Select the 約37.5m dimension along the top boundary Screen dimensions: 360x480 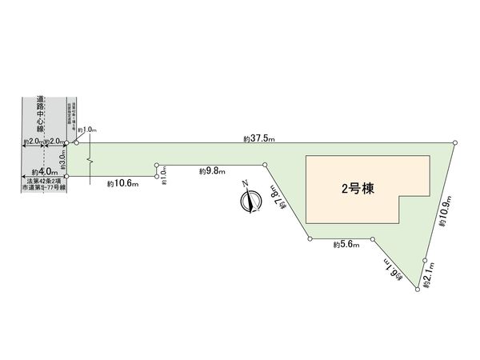tap(259, 138)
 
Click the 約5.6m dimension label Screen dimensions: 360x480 tap(346, 246)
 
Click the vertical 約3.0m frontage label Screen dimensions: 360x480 tap(62, 159)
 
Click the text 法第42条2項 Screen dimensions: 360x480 tap(43, 182)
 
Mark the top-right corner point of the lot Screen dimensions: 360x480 tap(456, 142)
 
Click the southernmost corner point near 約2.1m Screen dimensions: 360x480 tap(417, 291)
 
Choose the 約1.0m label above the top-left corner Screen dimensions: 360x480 tap(87, 130)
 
